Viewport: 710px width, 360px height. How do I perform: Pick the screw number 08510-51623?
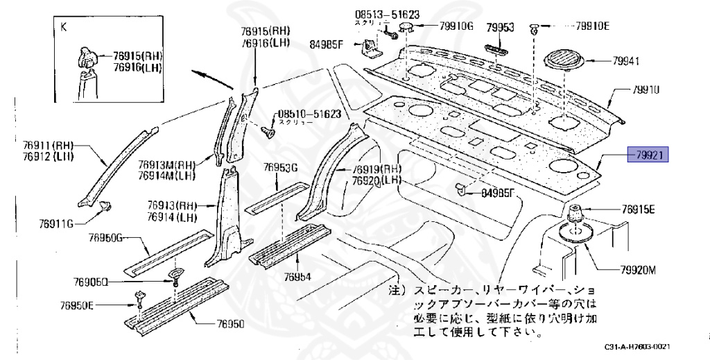309,113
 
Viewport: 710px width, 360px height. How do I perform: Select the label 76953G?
280,168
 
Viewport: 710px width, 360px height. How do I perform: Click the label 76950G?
105,238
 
